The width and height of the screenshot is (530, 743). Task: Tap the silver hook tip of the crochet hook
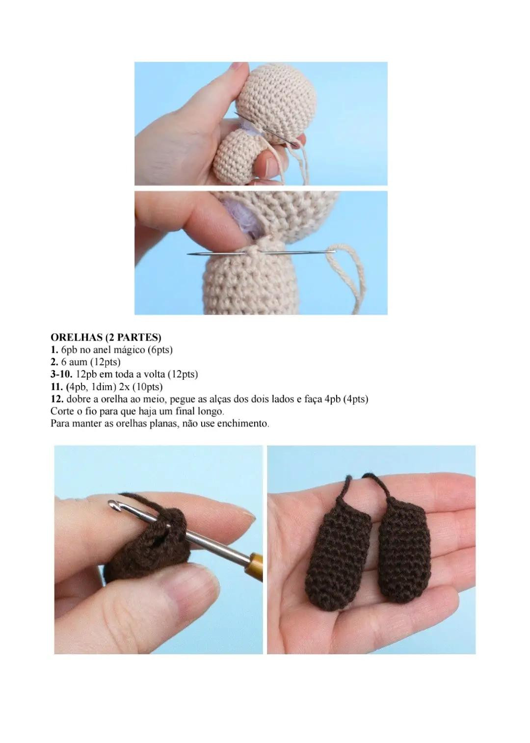coord(113,505)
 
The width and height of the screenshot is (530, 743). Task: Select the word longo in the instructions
coord(210,411)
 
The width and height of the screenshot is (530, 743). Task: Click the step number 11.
coord(56,387)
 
